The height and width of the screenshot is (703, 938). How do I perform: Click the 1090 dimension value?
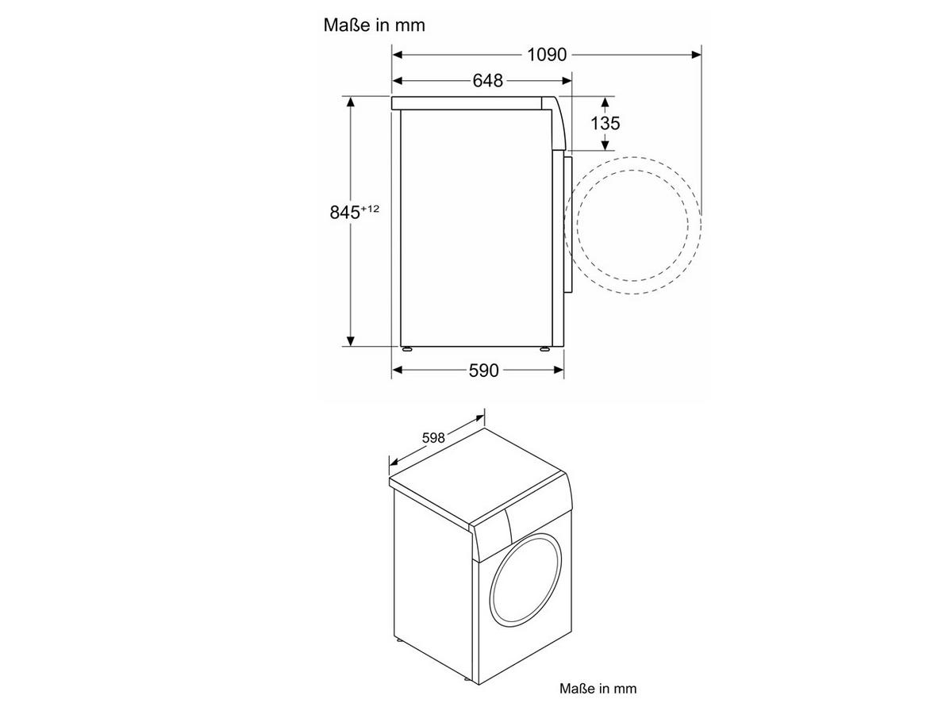click(546, 55)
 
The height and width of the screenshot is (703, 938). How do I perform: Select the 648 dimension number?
click(487, 79)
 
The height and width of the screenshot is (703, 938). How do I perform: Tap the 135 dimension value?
click(605, 123)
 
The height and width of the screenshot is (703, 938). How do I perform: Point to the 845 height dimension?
click(345, 212)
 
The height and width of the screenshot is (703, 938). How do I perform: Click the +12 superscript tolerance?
click(370, 208)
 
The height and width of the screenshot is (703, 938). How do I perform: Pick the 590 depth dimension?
click(483, 371)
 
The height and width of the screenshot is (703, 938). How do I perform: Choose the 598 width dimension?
click(433, 438)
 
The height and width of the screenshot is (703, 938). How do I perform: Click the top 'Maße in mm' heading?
click(374, 25)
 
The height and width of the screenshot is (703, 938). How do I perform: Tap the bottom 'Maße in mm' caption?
click(598, 689)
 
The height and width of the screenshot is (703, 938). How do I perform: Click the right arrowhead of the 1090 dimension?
click(696, 55)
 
